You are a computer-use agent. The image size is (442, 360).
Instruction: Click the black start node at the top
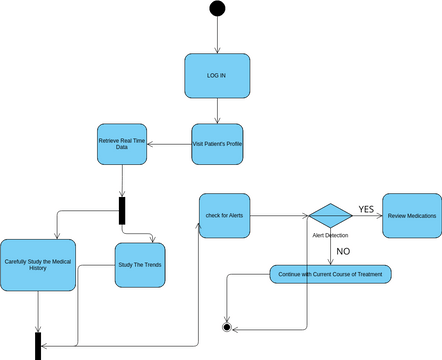click(x=217, y=10)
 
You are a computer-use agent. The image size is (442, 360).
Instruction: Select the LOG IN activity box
click(x=217, y=76)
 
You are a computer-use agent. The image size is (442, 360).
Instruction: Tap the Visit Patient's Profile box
click(x=217, y=145)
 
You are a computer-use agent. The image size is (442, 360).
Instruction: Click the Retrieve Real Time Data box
click(x=122, y=145)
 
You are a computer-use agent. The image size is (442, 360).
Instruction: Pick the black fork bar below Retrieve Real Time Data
click(x=122, y=210)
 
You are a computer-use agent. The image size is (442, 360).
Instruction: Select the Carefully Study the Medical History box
click(x=38, y=265)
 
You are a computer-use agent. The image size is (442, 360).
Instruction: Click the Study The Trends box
click(x=140, y=265)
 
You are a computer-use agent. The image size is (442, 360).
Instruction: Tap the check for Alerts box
click(x=224, y=216)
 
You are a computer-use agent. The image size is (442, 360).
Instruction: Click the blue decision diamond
click(x=329, y=216)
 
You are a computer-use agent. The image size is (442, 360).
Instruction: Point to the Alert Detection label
click(x=330, y=235)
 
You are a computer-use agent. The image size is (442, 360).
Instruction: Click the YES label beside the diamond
click(x=366, y=209)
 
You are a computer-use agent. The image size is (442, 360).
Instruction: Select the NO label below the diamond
click(x=343, y=251)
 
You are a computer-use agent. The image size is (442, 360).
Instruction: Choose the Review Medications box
click(x=411, y=216)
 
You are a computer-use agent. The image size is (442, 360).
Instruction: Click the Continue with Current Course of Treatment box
click(x=331, y=274)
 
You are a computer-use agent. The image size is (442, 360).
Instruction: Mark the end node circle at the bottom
click(x=227, y=327)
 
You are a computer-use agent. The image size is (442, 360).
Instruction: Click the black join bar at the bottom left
click(x=38, y=345)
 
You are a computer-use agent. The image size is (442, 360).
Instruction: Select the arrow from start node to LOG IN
click(x=217, y=36)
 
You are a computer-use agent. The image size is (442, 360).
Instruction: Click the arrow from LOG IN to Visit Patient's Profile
click(x=217, y=111)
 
